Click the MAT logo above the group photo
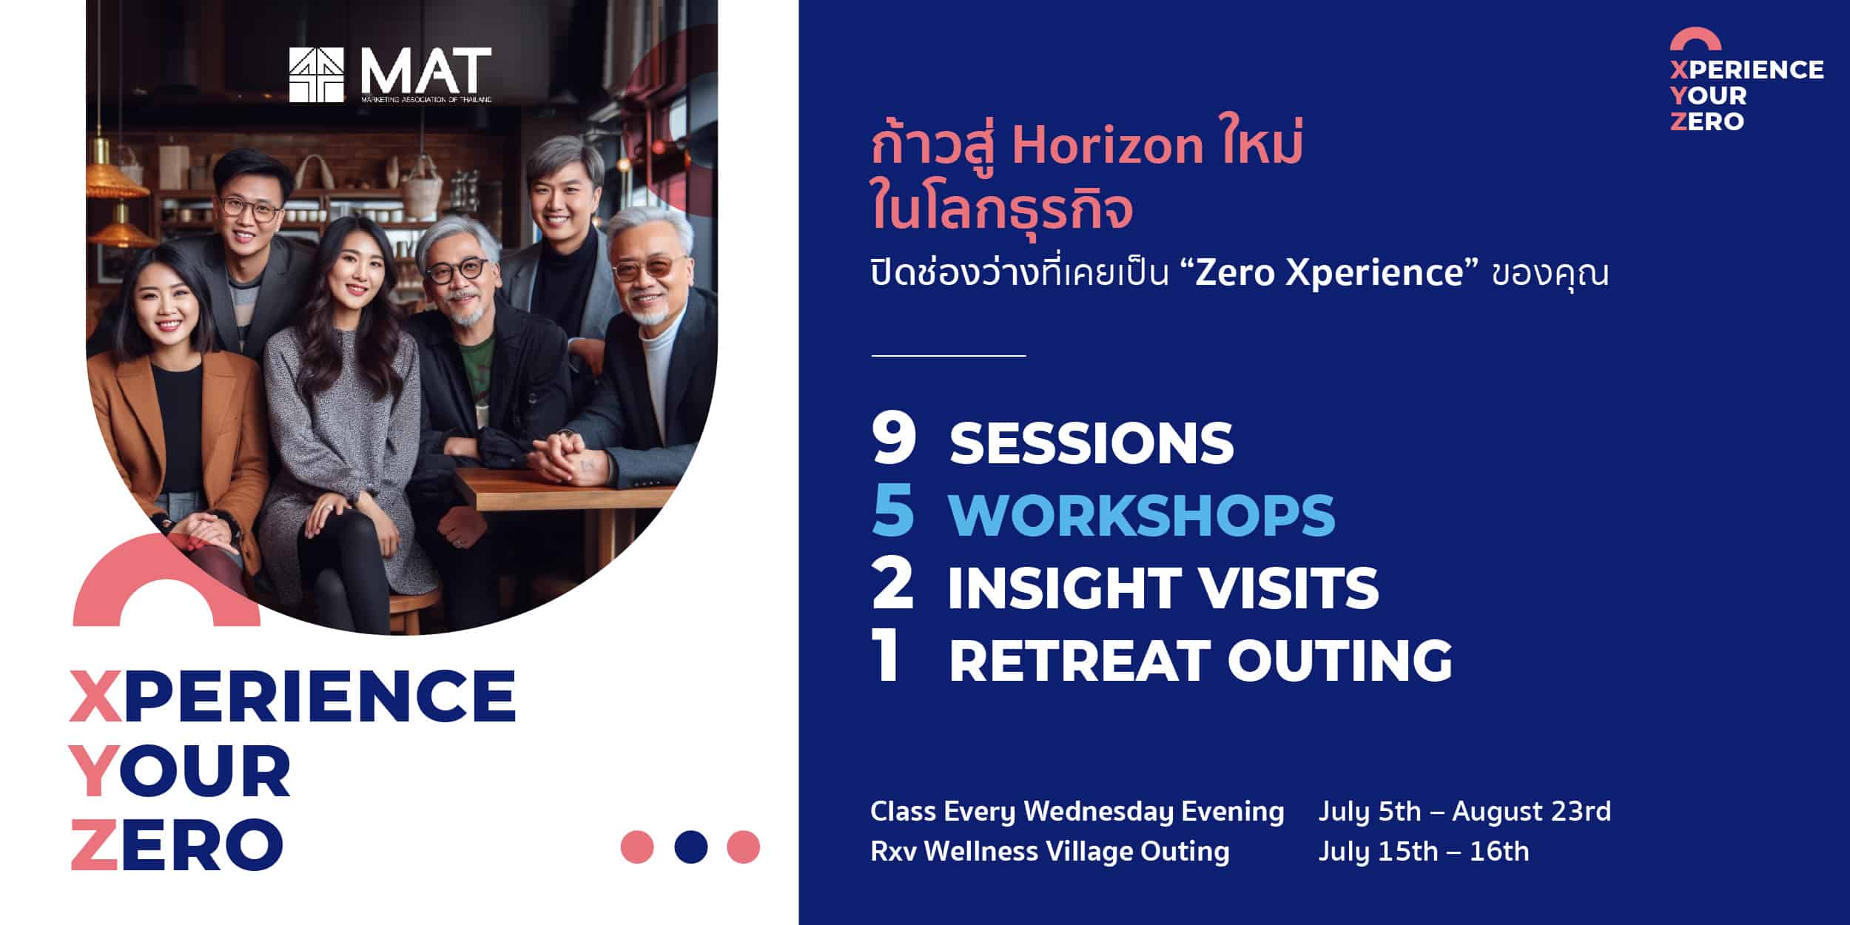[x=390, y=75]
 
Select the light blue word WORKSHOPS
[x=1142, y=514]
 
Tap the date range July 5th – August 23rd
[x=1464, y=811]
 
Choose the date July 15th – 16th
[x=1424, y=851]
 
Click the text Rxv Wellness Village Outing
[x=1050, y=851]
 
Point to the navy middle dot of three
[x=691, y=847]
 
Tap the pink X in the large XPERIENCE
[x=95, y=696]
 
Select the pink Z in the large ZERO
[x=94, y=844]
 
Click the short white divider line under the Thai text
[x=949, y=355]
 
